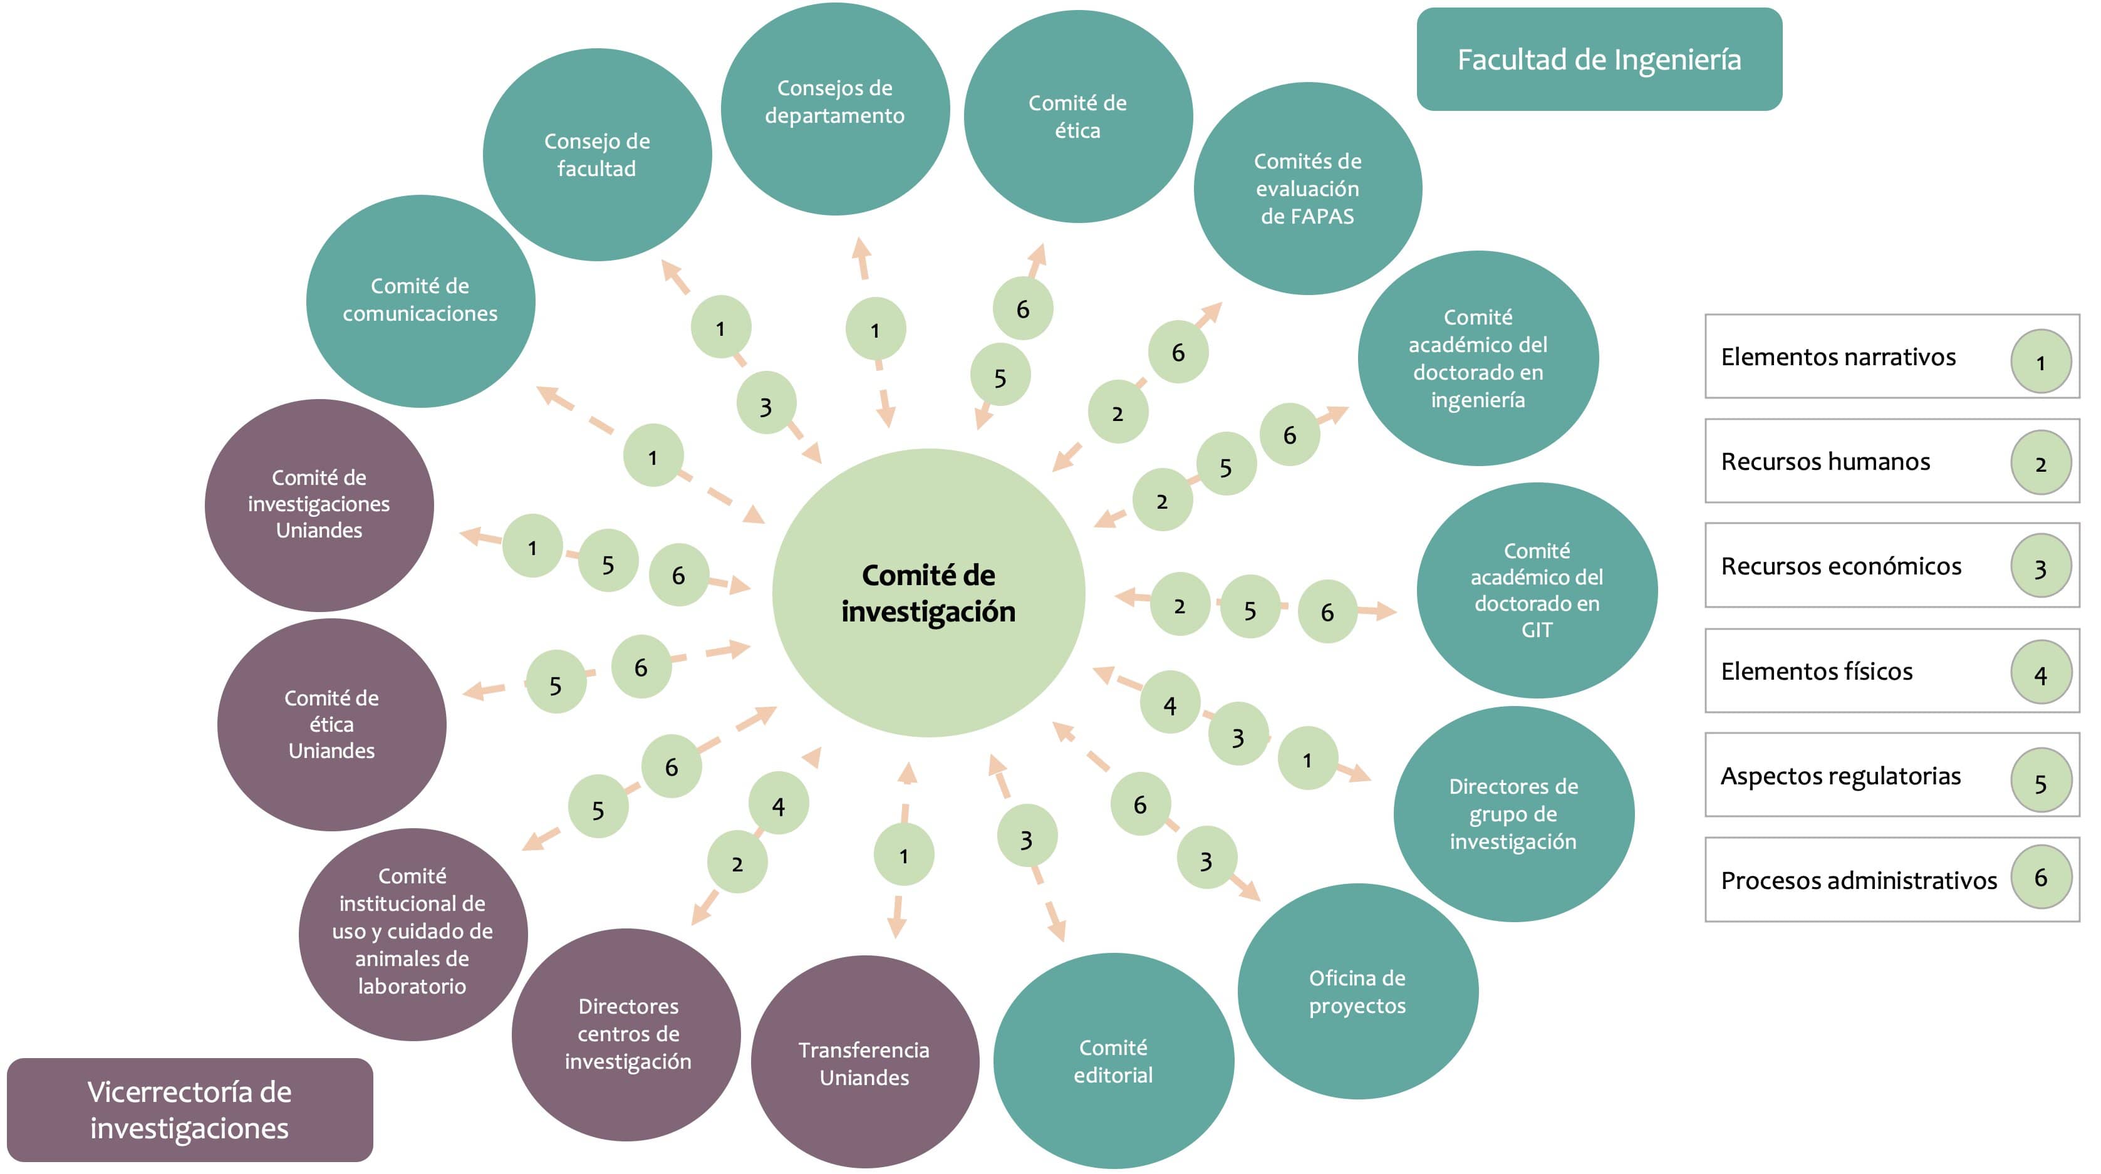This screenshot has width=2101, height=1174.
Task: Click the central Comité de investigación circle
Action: [928, 593]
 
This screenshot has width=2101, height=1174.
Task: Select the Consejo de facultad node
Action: [597, 155]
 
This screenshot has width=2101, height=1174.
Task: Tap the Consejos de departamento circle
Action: [834, 108]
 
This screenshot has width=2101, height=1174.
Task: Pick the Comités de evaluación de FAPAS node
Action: [1307, 189]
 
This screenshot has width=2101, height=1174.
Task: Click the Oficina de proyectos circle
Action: [1357, 991]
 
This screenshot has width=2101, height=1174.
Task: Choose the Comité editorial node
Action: [1113, 1061]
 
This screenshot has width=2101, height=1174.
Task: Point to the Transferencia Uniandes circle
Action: [864, 1062]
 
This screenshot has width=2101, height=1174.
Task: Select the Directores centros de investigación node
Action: [627, 1034]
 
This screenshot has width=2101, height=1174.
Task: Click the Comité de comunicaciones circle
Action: [420, 300]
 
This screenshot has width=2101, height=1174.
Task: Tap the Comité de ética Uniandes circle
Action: [331, 724]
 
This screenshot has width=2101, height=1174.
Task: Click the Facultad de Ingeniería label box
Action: [1599, 60]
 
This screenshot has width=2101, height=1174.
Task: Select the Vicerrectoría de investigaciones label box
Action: [189, 1109]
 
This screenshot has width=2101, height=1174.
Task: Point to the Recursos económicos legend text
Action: [1841, 566]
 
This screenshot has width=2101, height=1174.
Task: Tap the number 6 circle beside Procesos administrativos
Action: [2041, 878]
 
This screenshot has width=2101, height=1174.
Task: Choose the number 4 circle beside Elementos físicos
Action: [2041, 674]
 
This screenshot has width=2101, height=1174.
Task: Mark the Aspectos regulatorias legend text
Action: [1840, 776]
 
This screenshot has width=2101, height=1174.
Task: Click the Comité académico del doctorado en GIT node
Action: [1537, 590]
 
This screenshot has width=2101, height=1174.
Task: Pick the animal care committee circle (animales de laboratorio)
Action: [413, 933]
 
